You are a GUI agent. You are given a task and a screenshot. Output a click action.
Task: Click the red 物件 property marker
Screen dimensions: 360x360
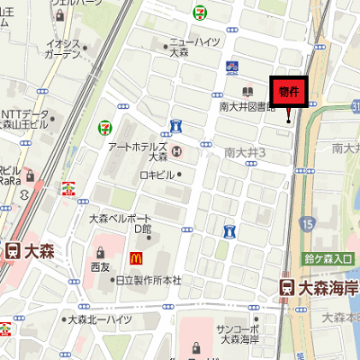289,91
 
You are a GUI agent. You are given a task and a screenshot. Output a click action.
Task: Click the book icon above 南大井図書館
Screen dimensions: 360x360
247,92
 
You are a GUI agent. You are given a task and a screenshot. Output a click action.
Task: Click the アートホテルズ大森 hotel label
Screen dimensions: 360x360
137,151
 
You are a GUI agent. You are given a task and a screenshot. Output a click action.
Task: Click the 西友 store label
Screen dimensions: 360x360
99,267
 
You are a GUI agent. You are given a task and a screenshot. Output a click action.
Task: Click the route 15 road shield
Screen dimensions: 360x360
309,222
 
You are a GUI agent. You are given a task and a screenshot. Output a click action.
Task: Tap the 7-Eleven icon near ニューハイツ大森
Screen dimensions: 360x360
199,11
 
